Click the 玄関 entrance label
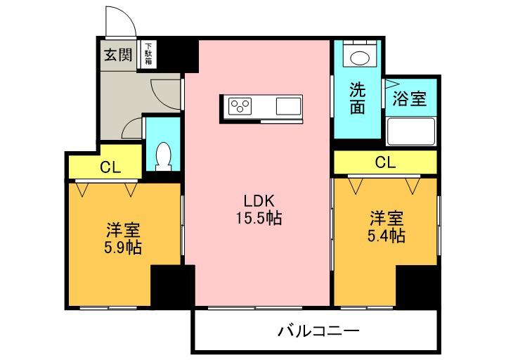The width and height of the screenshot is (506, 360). click(x=118, y=55)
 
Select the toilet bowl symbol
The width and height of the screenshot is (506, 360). click(x=163, y=156)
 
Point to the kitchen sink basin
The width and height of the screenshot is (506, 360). click(x=289, y=107)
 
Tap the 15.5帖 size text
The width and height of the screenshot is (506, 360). click(x=258, y=219)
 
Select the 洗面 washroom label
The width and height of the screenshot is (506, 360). click(x=358, y=98)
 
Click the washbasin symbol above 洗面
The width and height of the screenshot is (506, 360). click(x=358, y=57)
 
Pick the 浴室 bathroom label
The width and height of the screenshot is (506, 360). click(x=409, y=98)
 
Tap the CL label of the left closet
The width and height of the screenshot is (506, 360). click(x=110, y=167)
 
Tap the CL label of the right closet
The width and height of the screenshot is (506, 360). click(x=385, y=162)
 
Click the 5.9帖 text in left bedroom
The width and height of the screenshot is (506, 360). click(x=123, y=247)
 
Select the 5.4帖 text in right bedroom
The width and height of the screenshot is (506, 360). click(x=386, y=235)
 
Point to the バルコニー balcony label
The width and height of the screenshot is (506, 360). click(x=318, y=330)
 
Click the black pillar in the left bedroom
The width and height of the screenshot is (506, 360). click(x=171, y=285)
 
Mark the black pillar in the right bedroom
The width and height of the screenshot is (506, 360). click(x=417, y=285)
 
